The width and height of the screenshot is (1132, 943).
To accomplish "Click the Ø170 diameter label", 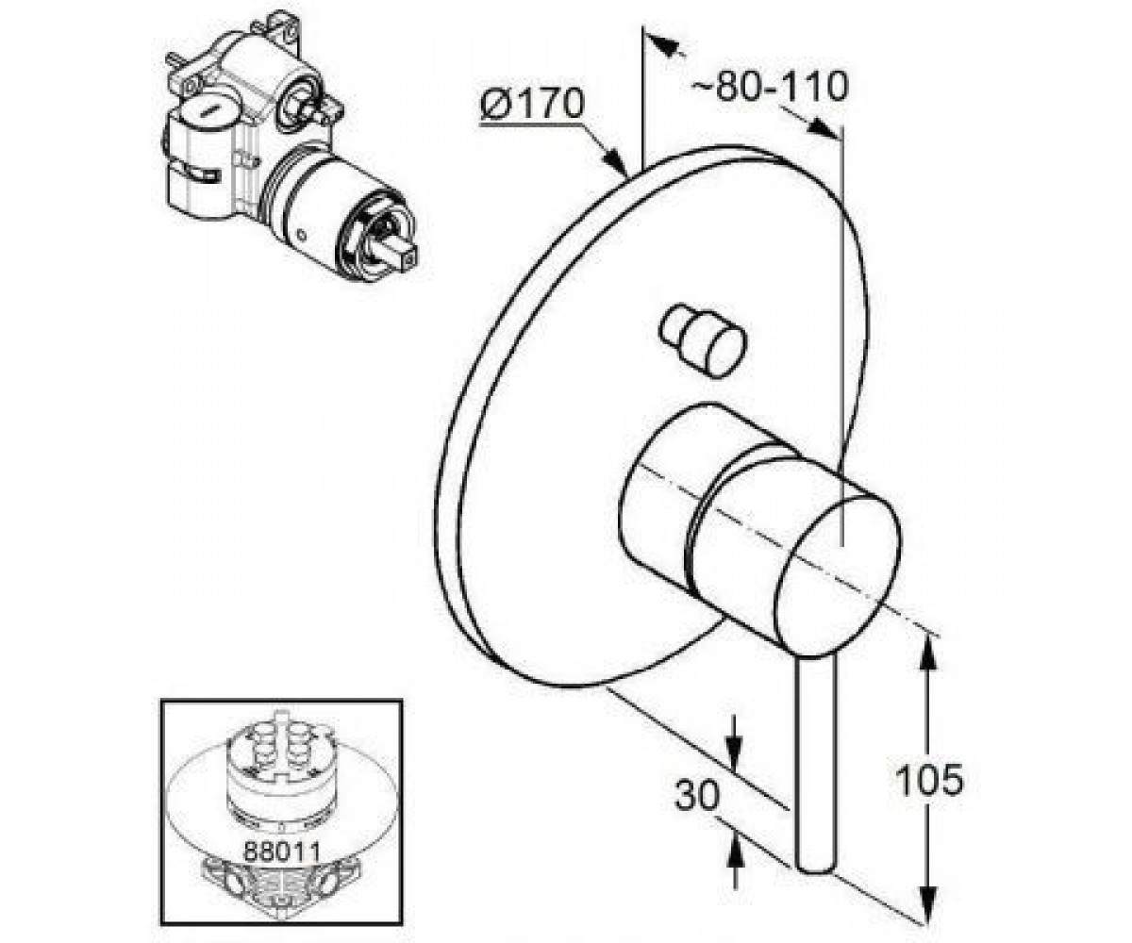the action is tap(532, 106).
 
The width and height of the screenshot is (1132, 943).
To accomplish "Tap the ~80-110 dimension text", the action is tap(769, 86).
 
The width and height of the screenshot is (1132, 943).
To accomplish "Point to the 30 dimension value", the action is tap(698, 796).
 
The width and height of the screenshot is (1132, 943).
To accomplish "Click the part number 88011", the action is tap(282, 852).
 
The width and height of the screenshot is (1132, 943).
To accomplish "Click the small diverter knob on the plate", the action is tap(703, 340).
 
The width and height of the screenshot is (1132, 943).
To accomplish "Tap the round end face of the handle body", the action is tap(838, 573).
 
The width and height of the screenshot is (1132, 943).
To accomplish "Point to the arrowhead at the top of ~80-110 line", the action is tap(665, 44).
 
